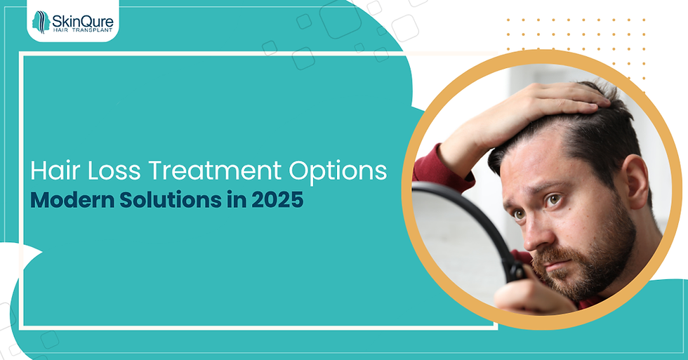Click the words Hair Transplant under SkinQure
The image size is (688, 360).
point(82,30)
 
